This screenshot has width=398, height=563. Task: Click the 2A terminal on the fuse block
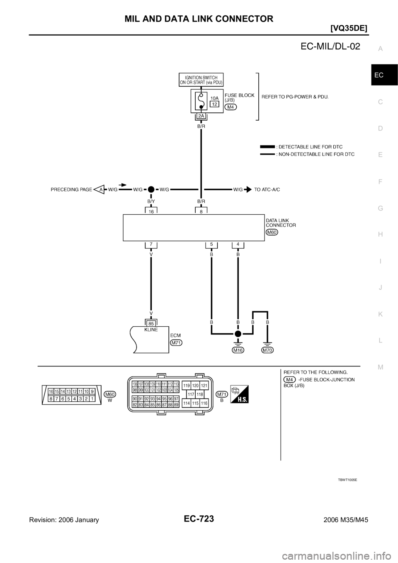tap(201, 116)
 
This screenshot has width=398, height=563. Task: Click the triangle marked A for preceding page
tap(100, 189)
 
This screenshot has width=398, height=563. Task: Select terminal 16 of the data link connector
tap(151, 211)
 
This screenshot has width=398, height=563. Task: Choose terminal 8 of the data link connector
tap(201, 211)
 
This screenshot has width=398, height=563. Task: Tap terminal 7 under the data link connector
tap(151, 244)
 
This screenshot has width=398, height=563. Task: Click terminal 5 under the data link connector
tap(211, 244)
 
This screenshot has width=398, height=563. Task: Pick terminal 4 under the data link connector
tap(238, 244)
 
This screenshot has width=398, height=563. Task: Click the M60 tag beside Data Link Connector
tap(272, 232)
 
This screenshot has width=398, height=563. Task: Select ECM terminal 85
tap(151, 322)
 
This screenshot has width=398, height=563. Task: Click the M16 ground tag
tap(238, 350)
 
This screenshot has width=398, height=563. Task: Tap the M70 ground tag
tap(268, 350)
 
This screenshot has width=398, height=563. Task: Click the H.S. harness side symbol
tap(240, 394)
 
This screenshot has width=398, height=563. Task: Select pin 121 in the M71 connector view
tap(204, 385)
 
